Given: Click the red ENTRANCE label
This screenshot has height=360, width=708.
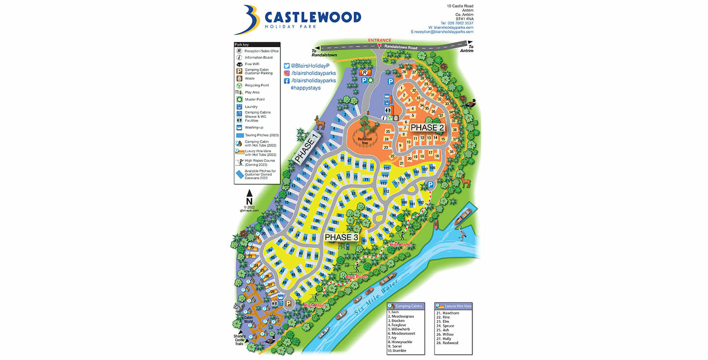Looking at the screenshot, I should [380, 40].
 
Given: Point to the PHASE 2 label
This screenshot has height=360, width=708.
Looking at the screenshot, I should [427, 127].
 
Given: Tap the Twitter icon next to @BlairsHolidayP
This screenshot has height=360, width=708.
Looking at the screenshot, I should [287, 65].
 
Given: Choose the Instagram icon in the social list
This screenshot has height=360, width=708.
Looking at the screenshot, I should [287, 73].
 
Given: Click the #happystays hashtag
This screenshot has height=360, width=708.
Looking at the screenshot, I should [305, 87].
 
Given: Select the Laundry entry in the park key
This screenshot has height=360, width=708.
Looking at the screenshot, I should [251, 107].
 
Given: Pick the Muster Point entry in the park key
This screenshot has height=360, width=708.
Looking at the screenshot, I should [254, 99].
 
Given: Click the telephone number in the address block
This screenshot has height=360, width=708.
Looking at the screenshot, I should [457, 23].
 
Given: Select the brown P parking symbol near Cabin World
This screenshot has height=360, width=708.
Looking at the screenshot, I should [289, 304].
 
